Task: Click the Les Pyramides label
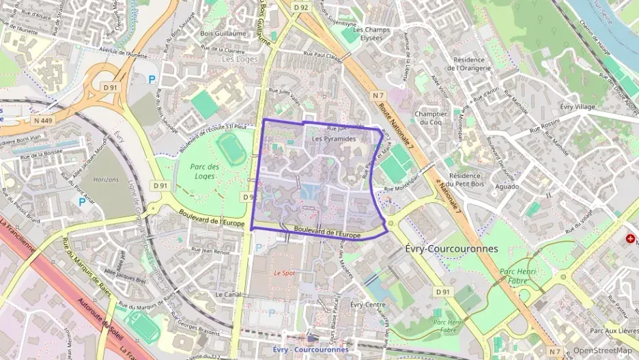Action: point(334,139)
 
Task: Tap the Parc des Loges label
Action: point(205,171)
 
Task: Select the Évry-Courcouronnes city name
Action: point(451,249)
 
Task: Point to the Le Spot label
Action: point(284,272)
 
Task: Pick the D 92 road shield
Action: point(301,8)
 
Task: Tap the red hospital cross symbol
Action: point(630,239)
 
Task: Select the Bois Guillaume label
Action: point(223,33)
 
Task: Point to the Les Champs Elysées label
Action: point(371,33)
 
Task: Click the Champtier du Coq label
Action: point(431,117)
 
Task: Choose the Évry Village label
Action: point(577,107)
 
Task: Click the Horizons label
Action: point(105,179)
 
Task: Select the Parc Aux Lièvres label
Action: point(613,331)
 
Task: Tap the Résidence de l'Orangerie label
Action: point(468,64)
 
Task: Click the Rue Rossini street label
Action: point(541,125)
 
